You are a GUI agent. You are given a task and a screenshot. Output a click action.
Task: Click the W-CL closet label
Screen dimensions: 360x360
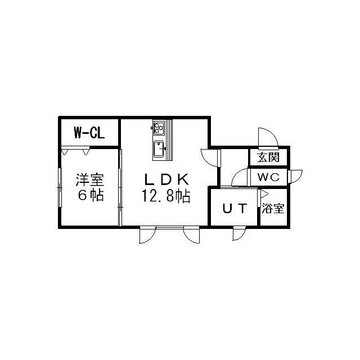click(x=89, y=133)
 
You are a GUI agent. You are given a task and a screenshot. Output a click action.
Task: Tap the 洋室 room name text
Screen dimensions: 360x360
click(x=90, y=181)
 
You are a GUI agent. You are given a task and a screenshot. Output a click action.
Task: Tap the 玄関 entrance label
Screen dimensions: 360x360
click(x=268, y=157)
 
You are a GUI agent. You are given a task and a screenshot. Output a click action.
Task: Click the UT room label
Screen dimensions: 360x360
click(x=234, y=209)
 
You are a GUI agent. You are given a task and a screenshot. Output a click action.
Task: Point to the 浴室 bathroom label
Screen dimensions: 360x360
click(x=273, y=209)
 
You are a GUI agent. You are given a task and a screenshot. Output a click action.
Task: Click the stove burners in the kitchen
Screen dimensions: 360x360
click(x=158, y=129)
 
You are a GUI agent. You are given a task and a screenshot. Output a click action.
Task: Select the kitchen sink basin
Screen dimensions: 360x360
click(x=159, y=150)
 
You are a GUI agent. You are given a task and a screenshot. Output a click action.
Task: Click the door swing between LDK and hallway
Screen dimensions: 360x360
click(x=209, y=157)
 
